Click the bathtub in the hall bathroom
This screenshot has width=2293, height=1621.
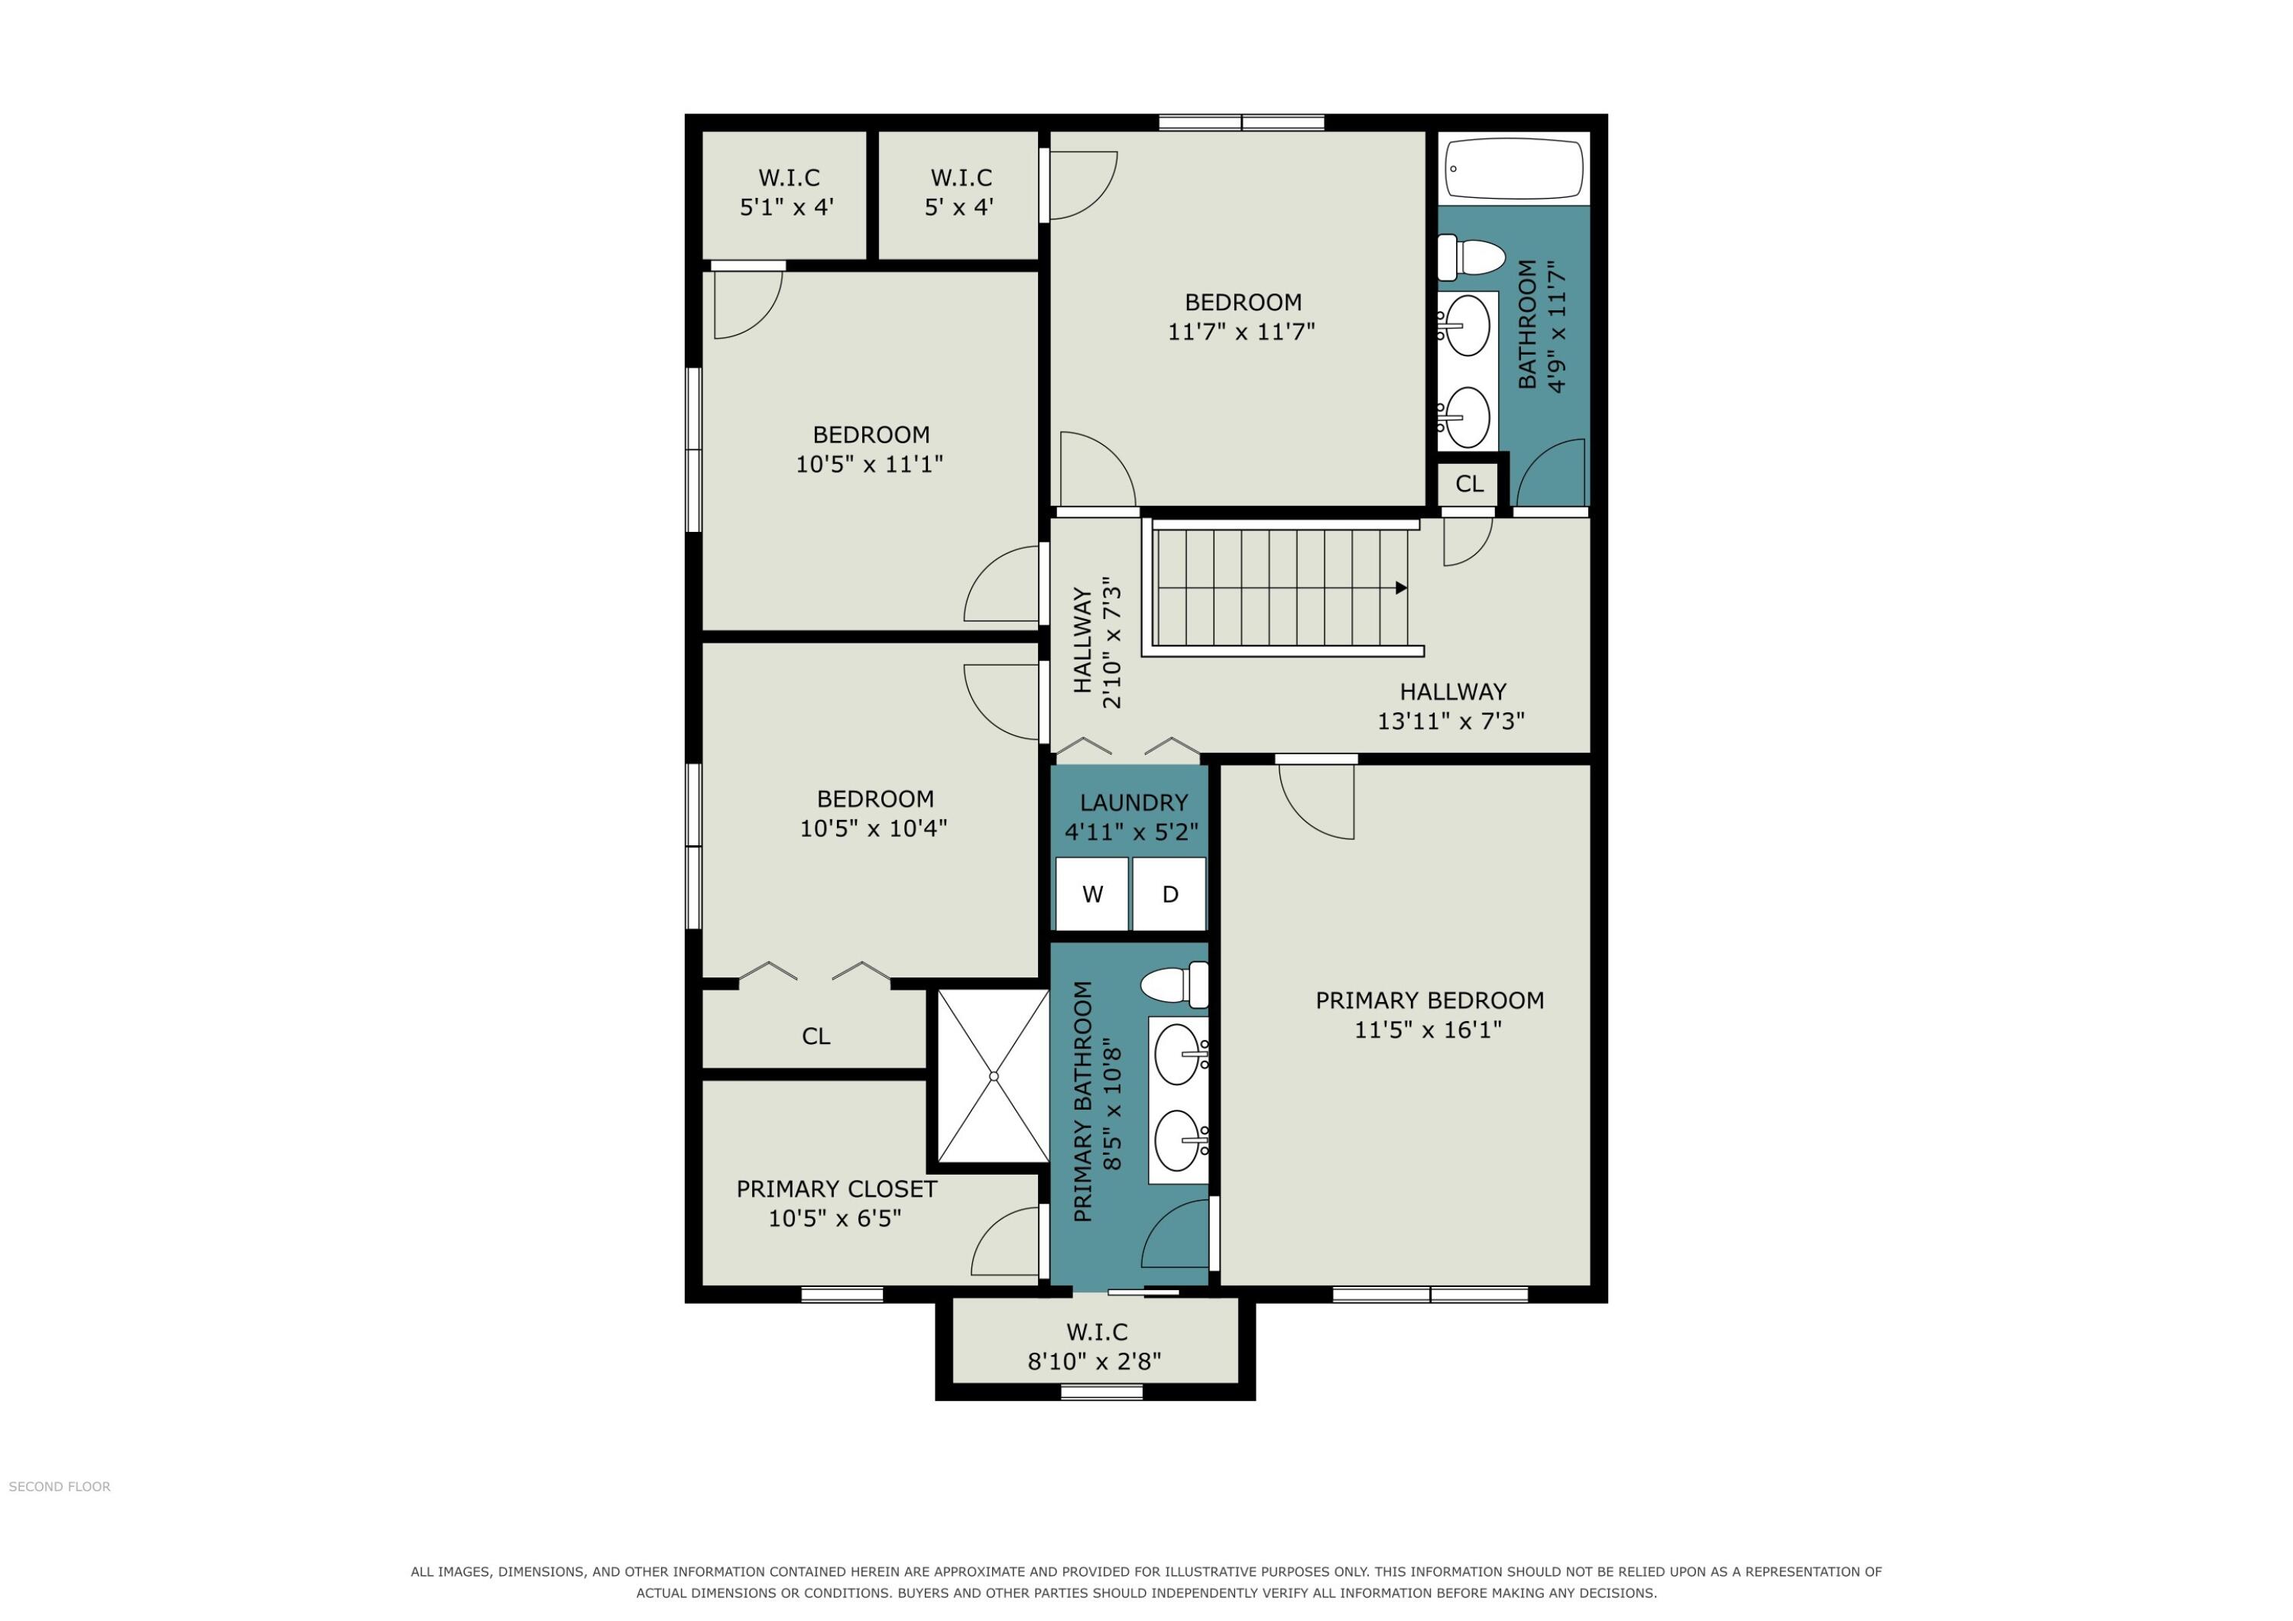(1514, 168)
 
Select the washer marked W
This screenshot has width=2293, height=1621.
(1092, 894)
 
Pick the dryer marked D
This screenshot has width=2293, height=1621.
(1169, 894)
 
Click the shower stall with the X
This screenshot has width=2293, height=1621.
(994, 1075)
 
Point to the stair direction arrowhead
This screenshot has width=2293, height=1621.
(1401, 588)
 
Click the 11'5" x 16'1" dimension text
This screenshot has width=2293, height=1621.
(1428, 1029)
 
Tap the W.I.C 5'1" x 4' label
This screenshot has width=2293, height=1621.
(788, 193)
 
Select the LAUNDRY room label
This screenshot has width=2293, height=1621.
(1134, 803)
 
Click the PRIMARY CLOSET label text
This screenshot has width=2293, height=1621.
(837, 1189)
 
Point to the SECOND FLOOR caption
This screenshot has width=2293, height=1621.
(60, 1487)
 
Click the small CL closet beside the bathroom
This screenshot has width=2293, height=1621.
(1469, 485)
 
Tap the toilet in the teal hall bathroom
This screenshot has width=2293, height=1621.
(1471, 258)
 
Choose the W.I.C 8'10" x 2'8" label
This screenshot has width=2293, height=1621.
(1095, 1347)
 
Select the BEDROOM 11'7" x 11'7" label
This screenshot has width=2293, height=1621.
(1242, 316)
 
